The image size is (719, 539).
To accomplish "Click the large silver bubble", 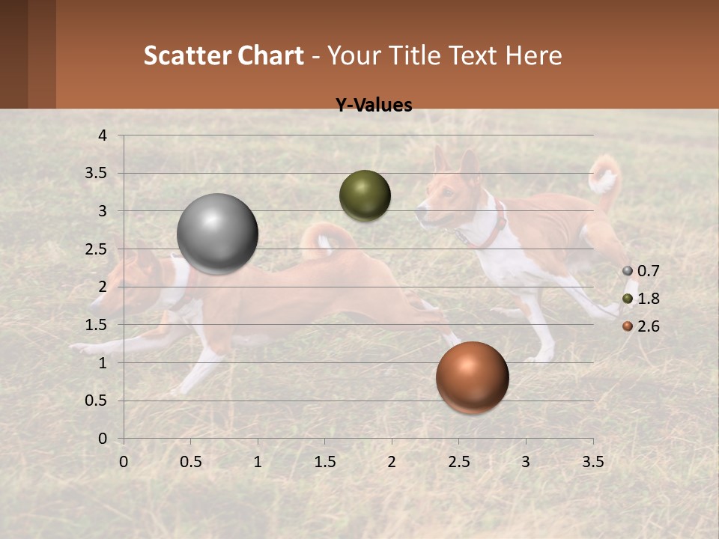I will (x=217, y=234).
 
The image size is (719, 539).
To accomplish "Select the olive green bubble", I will (x=365, y=195).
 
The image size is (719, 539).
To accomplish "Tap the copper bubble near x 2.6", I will (x=472, y=377).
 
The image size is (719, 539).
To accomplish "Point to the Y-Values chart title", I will (x=373, y=106).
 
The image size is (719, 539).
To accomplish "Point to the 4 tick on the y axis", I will (x=103, y=135).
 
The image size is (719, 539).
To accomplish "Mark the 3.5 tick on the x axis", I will (x=592, y=462).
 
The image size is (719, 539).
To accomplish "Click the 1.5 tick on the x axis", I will (x=324, y=462).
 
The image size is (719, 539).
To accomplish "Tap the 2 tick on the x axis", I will (x=392, y=462).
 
